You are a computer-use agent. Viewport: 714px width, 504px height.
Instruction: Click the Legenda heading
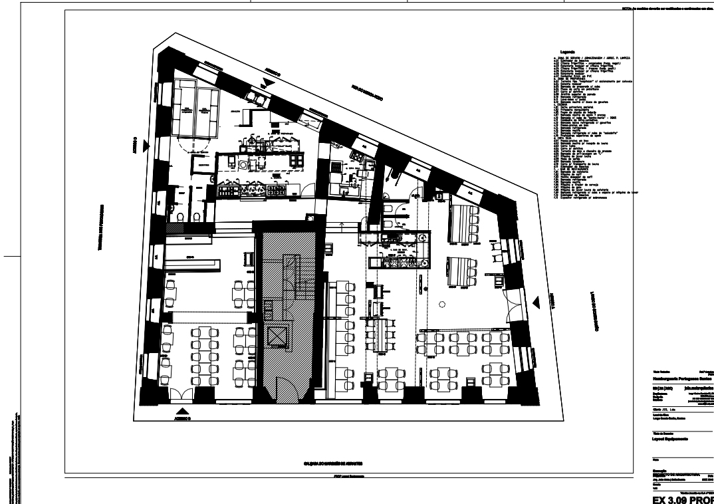click(x=567, y=52)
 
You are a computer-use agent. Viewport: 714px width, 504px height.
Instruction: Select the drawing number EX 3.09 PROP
click(x=682, y=497)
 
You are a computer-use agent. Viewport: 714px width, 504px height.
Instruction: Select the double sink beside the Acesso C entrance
click(x=256, y=98)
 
